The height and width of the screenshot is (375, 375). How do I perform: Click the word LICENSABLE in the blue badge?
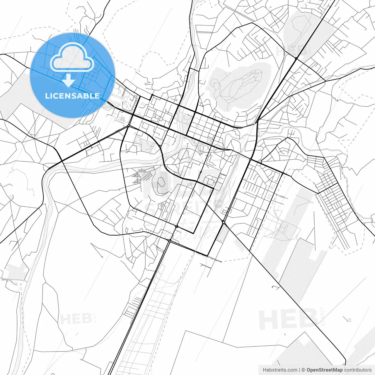click(72, 96)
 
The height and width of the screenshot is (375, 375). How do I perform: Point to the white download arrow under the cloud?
click(68, 80)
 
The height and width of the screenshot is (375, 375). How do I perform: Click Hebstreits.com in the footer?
click(280, 370)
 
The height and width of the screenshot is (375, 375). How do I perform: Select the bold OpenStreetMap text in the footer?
click(325, 370)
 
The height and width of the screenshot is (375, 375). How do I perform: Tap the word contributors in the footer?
click(358, 370)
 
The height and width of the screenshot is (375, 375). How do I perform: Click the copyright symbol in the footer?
click(304, 370)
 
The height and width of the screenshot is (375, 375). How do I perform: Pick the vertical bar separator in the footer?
click(299, 370)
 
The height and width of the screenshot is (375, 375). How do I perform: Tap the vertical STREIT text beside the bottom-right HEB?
click(323, 316)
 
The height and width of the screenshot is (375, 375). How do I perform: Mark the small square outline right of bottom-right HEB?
click(349, 320)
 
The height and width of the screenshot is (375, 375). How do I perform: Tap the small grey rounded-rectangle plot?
click(221, 234)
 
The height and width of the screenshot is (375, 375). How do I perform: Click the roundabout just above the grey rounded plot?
click(224, 222)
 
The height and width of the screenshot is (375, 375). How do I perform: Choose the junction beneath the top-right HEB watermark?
click(296, 59)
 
